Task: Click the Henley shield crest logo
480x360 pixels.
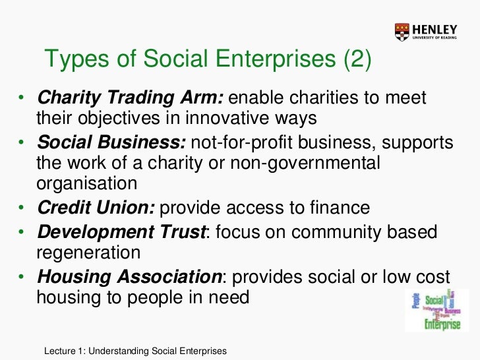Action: [x=402, y=30]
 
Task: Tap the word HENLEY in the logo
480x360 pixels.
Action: [x=434, y=27]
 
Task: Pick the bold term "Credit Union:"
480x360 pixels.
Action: [x=96, y=208]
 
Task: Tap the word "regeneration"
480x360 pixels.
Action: [x=88, y=253]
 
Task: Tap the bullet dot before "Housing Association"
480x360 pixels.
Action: [x=22, y=276]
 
